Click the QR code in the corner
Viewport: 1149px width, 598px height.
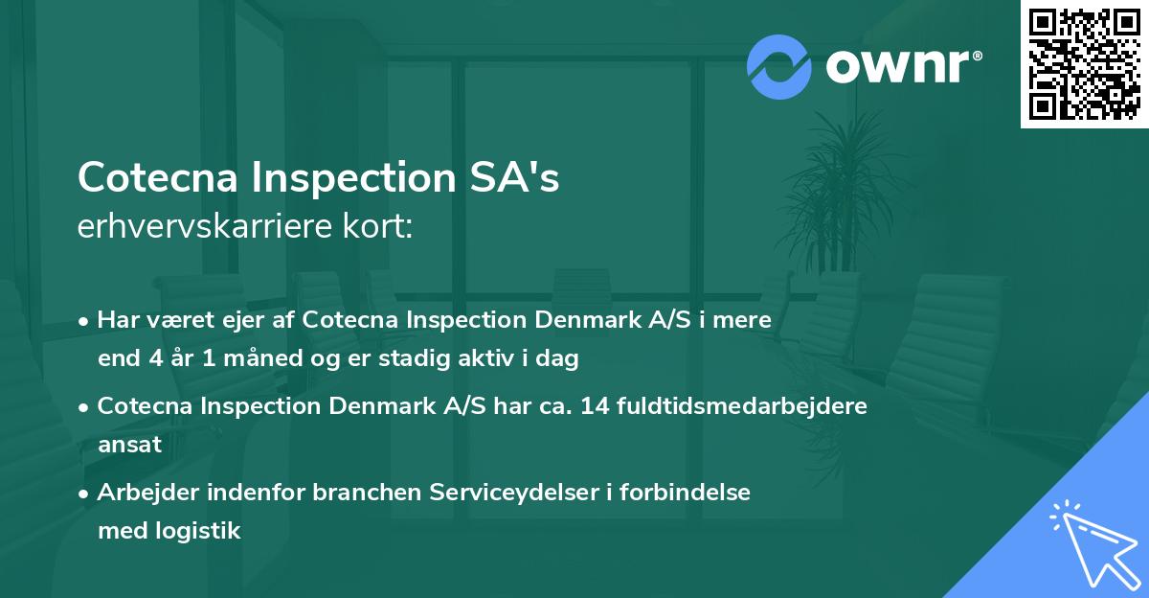click(1085, 64)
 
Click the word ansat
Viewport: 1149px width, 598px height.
click(129, 445)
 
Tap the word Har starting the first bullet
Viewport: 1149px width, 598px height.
click(115, 320)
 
